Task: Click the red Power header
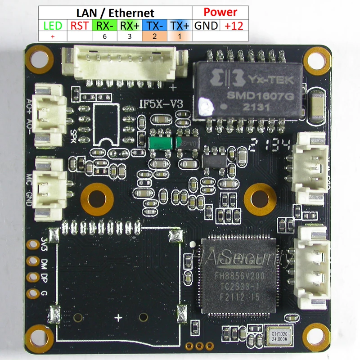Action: (x=220, y=12)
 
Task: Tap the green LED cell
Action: (x=53, y=25)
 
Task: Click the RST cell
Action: (x=79, y=25)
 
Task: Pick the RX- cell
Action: (x=104, y=25)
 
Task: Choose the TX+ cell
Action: (x=180, y=25)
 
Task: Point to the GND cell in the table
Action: (x=206, y=25)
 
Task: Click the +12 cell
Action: (x=234, y=25)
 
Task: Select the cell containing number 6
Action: (x=104, y=37)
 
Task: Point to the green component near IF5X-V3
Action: (x=160, y=142)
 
